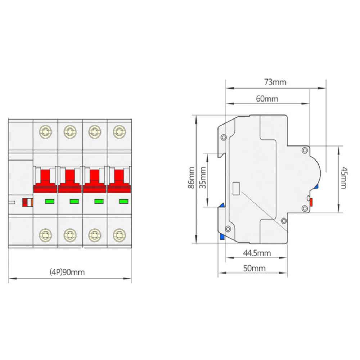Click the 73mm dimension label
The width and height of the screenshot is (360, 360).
click(x=275, y=82)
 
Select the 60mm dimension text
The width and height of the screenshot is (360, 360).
click(x=267, y=99)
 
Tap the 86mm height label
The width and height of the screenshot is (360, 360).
click(x=191, y=178)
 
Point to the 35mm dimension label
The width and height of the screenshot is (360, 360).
click(x=202, y=178)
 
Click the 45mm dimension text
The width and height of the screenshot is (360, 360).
click(x=343, y=178)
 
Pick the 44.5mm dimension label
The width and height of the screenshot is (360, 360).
click(x=257, y=253)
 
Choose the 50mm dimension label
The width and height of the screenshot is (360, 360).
click(x=255, y=268)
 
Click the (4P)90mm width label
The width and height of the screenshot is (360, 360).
click(x=67, y=272)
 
